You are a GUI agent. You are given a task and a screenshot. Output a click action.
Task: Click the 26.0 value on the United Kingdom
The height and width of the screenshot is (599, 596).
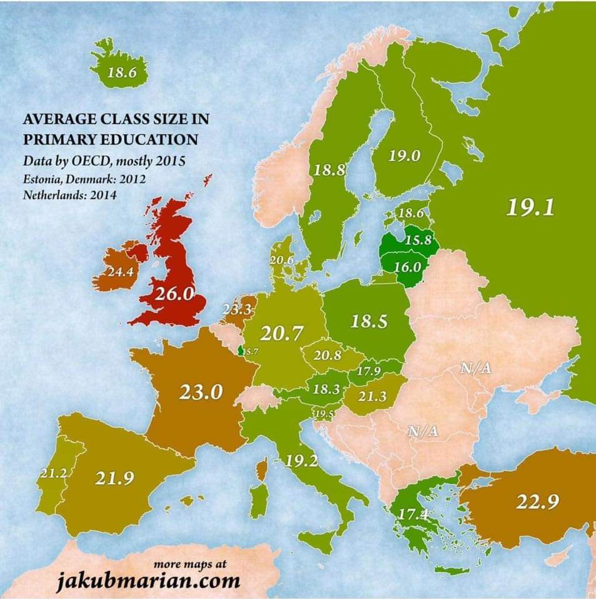click(x=175, y=294)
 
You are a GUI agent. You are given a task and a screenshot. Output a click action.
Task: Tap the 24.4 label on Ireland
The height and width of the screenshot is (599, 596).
click(x=119, y=273)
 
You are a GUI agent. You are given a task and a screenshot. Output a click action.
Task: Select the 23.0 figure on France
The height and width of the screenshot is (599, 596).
click(x=201, y=392)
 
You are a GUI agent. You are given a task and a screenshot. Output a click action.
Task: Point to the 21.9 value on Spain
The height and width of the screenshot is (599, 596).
click(x=115, y=479)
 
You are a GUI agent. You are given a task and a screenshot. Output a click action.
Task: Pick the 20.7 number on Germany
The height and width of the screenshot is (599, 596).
click(x=282, y=334)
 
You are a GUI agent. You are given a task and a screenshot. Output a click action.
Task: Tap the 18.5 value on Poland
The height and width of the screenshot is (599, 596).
click(x=369, y=322)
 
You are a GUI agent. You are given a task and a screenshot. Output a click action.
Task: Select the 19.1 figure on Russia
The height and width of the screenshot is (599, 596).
click(x=530, y=208)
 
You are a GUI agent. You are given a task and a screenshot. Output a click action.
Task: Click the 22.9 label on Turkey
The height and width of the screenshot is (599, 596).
click(x=537, y=501)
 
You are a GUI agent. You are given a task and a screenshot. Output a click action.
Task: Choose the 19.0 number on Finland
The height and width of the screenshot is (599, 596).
click(x=404, y=156)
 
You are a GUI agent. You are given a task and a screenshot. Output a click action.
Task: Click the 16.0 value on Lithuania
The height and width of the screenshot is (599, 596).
click(x=409, y=266)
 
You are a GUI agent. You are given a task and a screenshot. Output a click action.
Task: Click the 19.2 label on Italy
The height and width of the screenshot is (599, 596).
click(x=303, y=462)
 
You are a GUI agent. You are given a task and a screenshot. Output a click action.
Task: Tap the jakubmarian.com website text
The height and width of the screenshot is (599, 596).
click(x=148, y=582)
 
